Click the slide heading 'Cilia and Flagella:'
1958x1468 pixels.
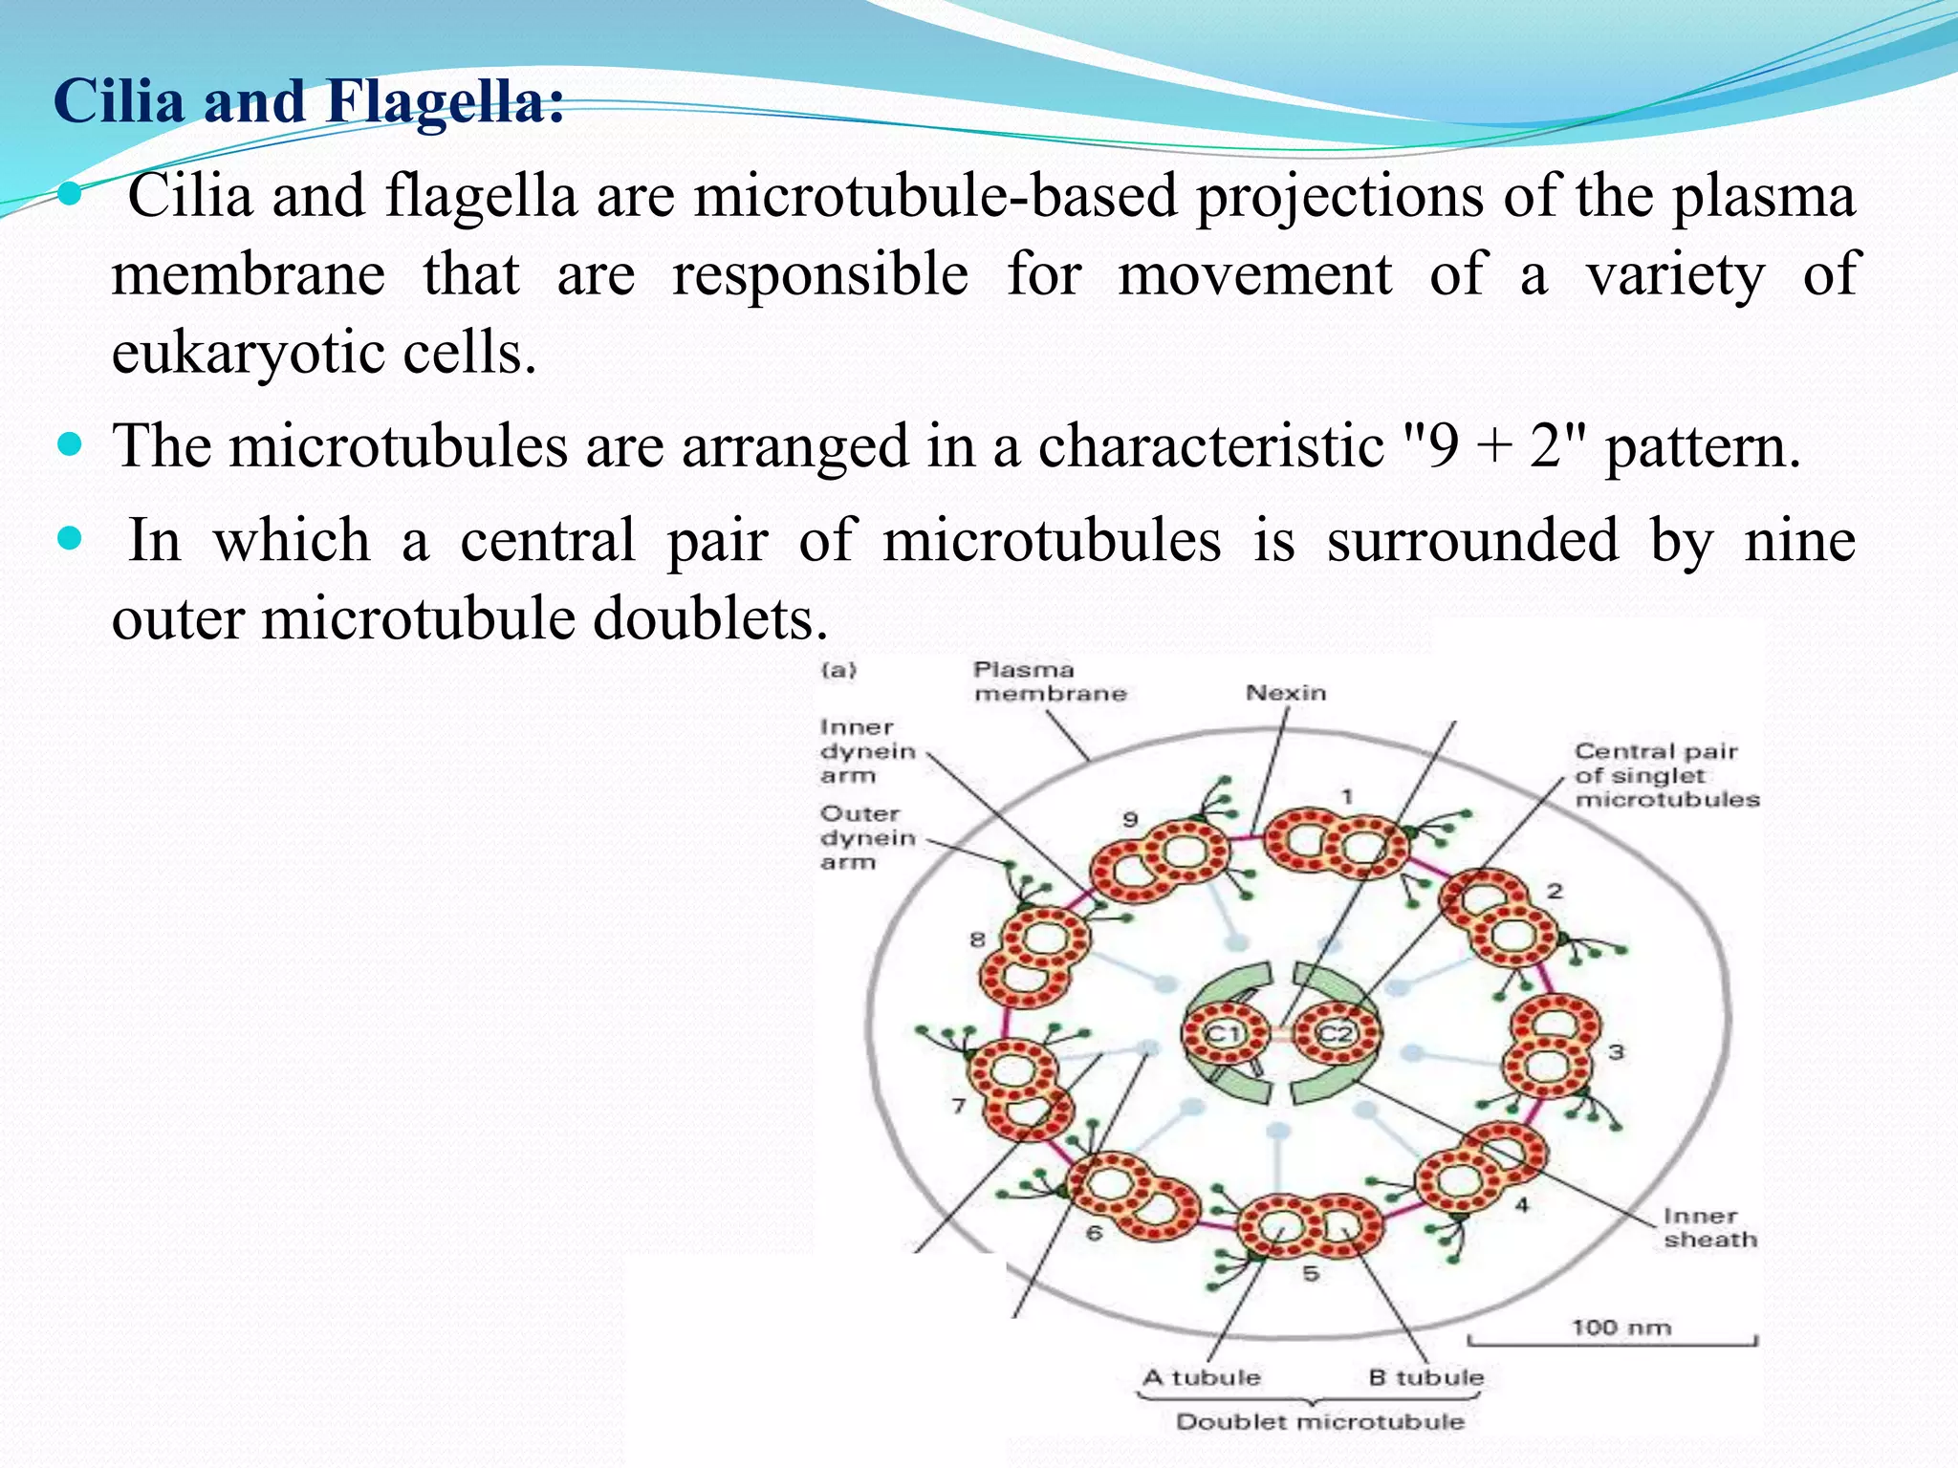308,101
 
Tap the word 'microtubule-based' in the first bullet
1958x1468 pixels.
935,197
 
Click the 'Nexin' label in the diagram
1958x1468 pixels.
1286,693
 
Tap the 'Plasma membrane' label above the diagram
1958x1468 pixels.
1050,681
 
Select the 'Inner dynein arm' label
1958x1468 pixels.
866,751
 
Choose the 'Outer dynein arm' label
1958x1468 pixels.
866,838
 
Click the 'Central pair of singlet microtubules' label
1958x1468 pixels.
1666,775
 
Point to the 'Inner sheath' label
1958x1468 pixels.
1709,1228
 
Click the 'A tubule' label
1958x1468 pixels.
1202,1377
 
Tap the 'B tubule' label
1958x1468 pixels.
1425,1377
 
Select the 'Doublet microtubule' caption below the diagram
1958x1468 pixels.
1319,1422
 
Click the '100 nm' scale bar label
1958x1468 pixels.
1621,1328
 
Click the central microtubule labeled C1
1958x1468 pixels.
1223,1034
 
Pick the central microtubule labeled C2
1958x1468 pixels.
1337,1034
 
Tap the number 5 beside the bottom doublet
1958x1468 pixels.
1311,1273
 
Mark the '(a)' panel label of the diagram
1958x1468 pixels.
838,670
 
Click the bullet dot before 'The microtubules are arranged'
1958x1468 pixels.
71,444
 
